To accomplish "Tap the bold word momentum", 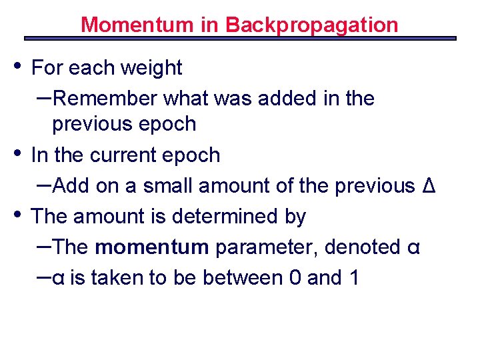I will (152, 247).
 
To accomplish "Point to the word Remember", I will (105, 99).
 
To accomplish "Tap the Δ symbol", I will (429, 186).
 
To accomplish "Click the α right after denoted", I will (413, 248).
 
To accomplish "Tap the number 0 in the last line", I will (295, 278).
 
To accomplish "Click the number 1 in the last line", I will (353, 278).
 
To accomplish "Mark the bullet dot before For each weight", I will (18, 64).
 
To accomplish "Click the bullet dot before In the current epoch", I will (18, 151).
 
